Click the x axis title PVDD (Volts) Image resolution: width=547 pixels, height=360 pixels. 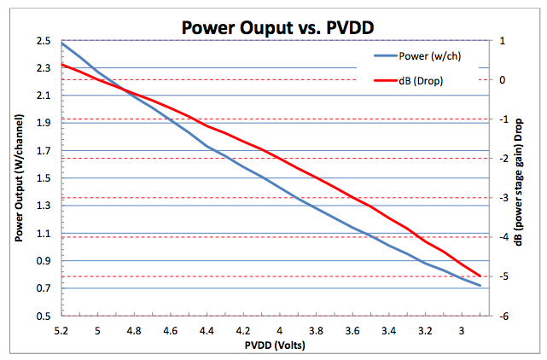point(273,346)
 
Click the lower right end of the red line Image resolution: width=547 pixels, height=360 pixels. point(480,276)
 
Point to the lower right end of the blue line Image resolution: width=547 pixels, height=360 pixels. point(480,286)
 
